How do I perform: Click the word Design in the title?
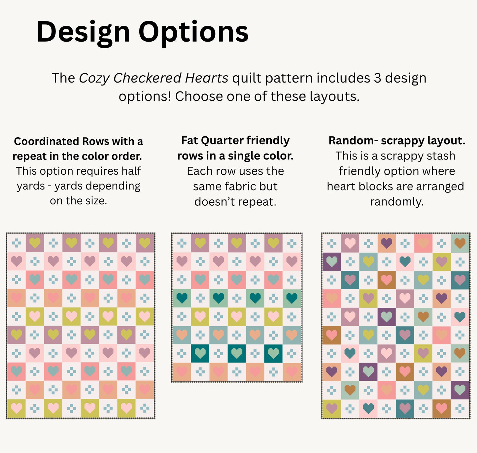click(83, 32)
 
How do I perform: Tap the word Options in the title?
click(193, 32)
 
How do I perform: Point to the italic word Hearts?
click(206, 78)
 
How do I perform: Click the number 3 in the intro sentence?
click(377, 78)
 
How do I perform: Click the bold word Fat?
click(189, 141)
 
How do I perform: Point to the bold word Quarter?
click(221, 141)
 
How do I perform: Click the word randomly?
click(396, 202)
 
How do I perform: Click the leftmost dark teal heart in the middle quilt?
click(182, 298)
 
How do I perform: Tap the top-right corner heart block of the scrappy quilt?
click(460, 243)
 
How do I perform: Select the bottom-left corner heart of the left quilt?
click(17, 408)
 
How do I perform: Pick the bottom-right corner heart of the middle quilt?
click(292, 371)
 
